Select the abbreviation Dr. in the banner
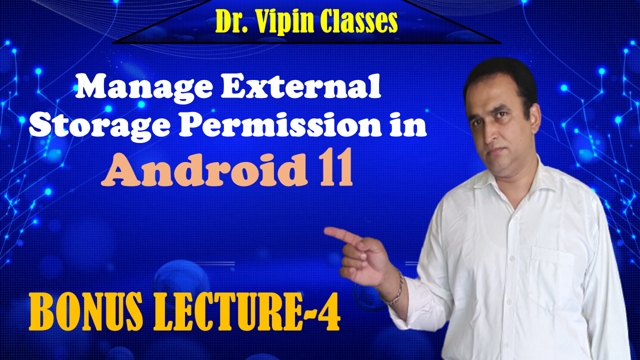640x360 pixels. point(231,21)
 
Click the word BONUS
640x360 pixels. point(85,312)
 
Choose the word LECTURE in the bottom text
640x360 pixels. point(227,312)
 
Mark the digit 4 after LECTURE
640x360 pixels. point(327,312)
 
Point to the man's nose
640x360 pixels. point(492,132)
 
